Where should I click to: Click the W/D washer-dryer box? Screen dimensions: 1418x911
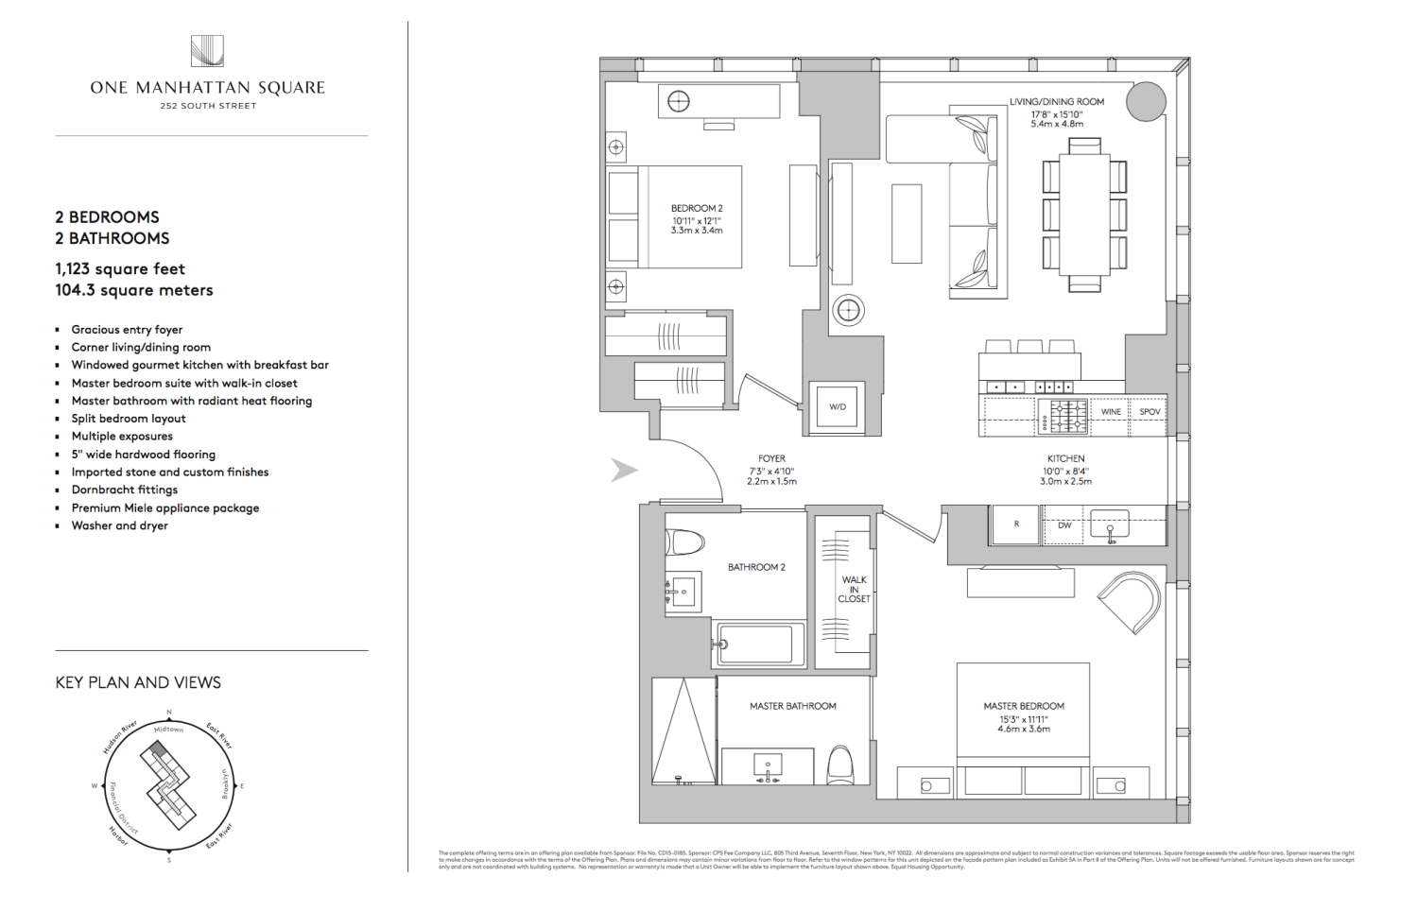838,407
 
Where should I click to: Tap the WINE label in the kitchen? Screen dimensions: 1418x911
1111,412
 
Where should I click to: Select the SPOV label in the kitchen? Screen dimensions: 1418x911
1150,412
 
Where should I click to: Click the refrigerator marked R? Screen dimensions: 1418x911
1016,524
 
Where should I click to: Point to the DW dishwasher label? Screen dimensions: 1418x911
1064,525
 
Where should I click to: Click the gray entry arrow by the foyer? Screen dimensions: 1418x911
624,470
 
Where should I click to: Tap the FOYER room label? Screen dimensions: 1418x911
771,458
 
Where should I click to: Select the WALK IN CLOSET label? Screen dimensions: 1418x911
854,589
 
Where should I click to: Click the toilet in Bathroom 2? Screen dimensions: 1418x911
685,542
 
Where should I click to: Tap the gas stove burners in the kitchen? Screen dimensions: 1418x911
1064,416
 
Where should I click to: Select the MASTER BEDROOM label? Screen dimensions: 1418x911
1024,706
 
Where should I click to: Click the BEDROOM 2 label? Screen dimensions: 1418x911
697,208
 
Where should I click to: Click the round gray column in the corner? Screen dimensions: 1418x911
1145,101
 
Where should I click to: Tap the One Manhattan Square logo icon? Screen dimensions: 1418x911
207,51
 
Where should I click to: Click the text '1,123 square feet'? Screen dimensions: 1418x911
120,269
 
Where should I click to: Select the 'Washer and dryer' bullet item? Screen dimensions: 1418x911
120,525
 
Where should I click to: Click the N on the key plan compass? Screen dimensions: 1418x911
169,713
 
